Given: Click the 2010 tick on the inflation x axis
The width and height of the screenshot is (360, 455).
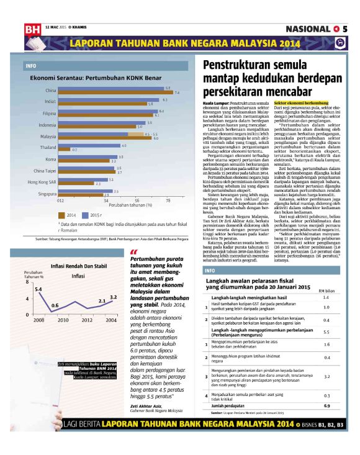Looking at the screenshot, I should coord(62,320).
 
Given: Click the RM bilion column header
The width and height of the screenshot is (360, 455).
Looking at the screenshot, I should coord(326,290).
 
